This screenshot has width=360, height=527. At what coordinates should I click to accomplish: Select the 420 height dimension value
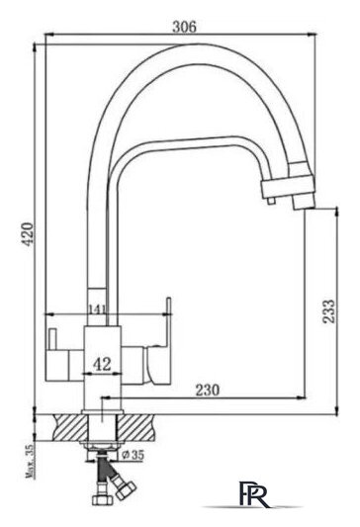coord(29,233)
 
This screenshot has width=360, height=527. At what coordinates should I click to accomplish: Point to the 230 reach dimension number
coord(207,390)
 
